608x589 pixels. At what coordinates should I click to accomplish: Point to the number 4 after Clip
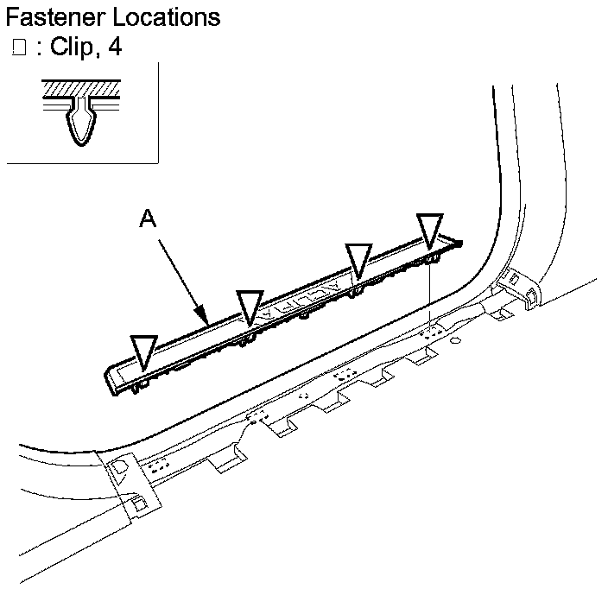[x=114, y=47]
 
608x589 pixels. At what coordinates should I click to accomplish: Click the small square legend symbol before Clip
[x=19, y=48]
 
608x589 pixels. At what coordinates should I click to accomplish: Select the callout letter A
[x=148, y=221]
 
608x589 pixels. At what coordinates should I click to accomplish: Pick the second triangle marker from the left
[x=250, y=306]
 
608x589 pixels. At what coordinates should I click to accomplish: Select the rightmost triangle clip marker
[x=429, y=231]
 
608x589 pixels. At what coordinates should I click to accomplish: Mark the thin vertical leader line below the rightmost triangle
[x=429, y=294]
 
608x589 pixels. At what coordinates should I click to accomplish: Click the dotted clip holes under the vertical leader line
[x=429, y=330]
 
